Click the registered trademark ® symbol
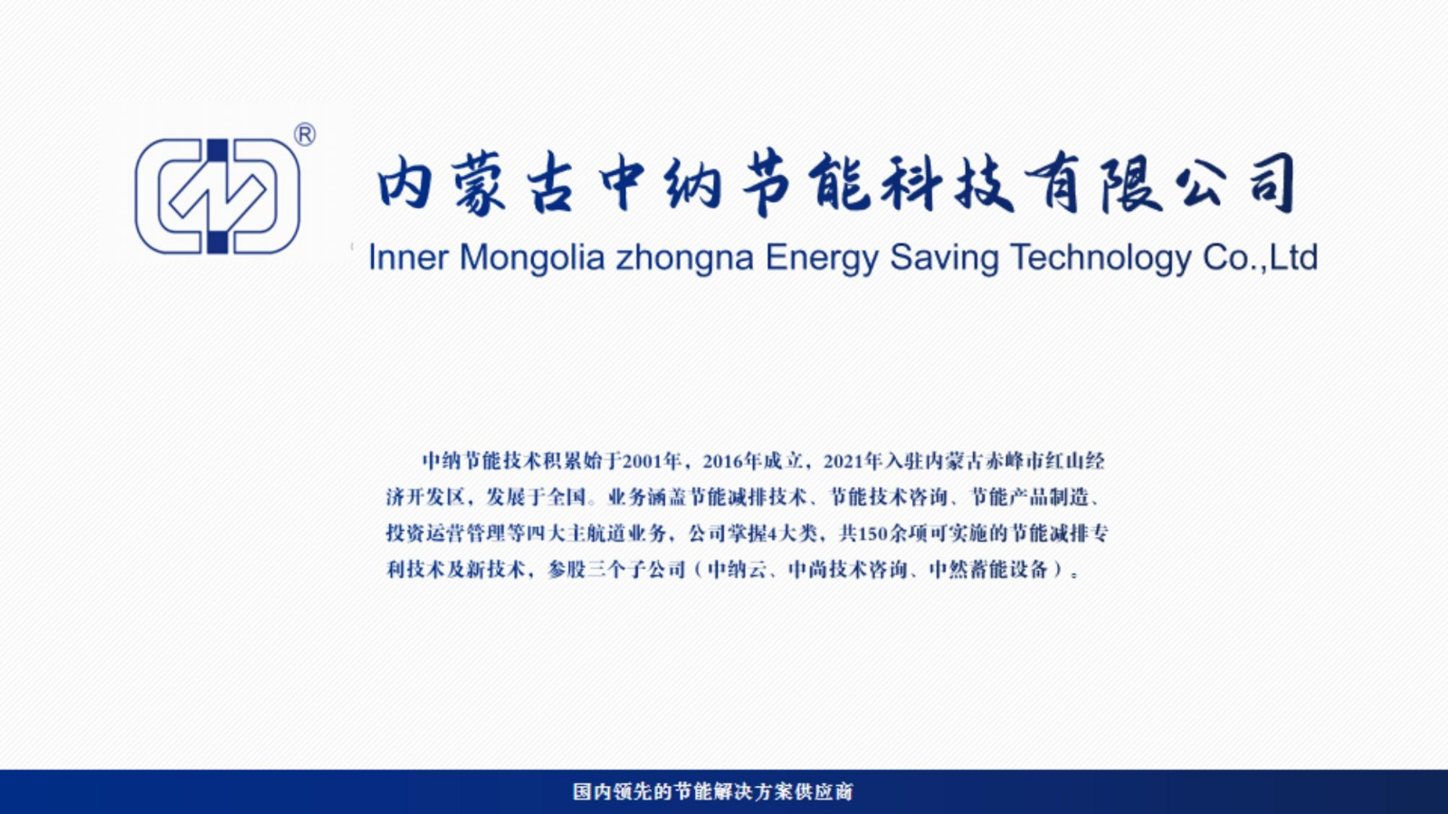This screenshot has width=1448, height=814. [304, 135]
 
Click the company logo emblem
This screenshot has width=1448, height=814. [217, 196]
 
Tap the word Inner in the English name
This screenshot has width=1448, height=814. [408, 257]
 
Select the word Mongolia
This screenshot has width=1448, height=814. [532, 259]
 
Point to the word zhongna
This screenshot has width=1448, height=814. [684, 259]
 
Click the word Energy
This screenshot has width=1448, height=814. [822, 259]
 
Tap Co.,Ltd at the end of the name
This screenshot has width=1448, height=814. [1260, 257]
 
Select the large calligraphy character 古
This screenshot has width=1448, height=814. [550, 184]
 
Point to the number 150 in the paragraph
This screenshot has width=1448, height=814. [873, 533]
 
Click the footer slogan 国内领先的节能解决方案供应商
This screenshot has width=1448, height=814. [713, 791]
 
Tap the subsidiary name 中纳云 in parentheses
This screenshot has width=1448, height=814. [738, 570]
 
